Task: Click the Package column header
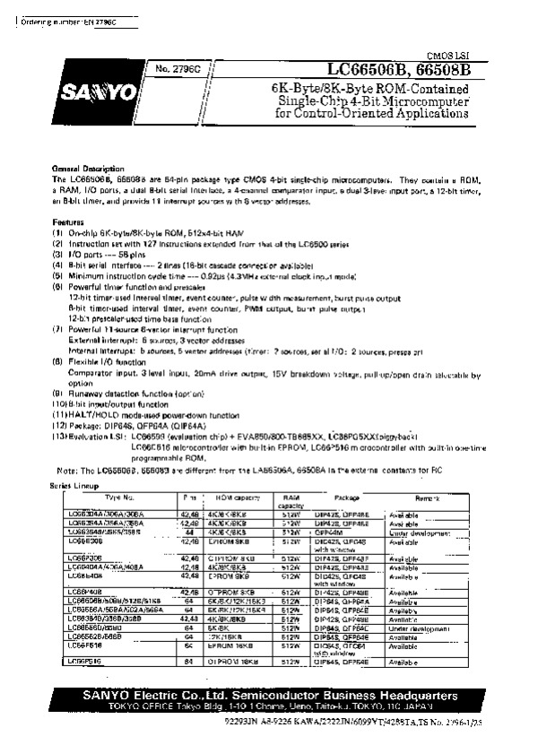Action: click(x=347, y=496)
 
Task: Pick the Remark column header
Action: click(x=427, y=496)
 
